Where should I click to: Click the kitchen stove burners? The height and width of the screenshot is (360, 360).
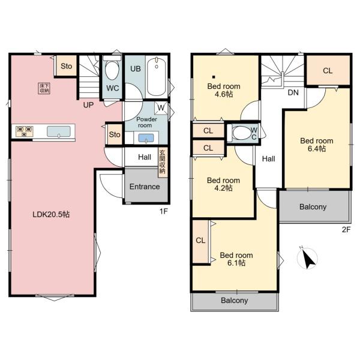pyautogui.click(x=24, y=131)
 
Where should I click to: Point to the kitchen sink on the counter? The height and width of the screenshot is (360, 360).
pyautogui.click(x=59, y=131)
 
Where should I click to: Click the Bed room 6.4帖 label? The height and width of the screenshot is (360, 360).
pyautogui.click(x=316, y=145)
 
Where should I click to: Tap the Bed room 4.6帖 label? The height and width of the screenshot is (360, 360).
pyautogui.click(x=223, y=90)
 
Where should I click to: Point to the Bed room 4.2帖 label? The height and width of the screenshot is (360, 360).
pyautogui.click(x=223, y=184)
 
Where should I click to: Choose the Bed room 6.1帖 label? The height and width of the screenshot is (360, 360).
pyautogui.click(x=236, y=259)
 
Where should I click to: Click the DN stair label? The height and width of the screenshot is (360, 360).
pyautogui.click(x=293, y=93)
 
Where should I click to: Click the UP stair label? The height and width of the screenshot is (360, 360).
pyautogui.click(x=88, y=104)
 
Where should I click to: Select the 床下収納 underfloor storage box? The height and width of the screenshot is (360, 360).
pyautogui.click(x=44, y=88)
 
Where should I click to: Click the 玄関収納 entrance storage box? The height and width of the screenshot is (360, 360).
pyautogui.click(x=162, y=163)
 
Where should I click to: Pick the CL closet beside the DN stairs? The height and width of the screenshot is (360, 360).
pyautogui.click(x=327, y=71)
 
